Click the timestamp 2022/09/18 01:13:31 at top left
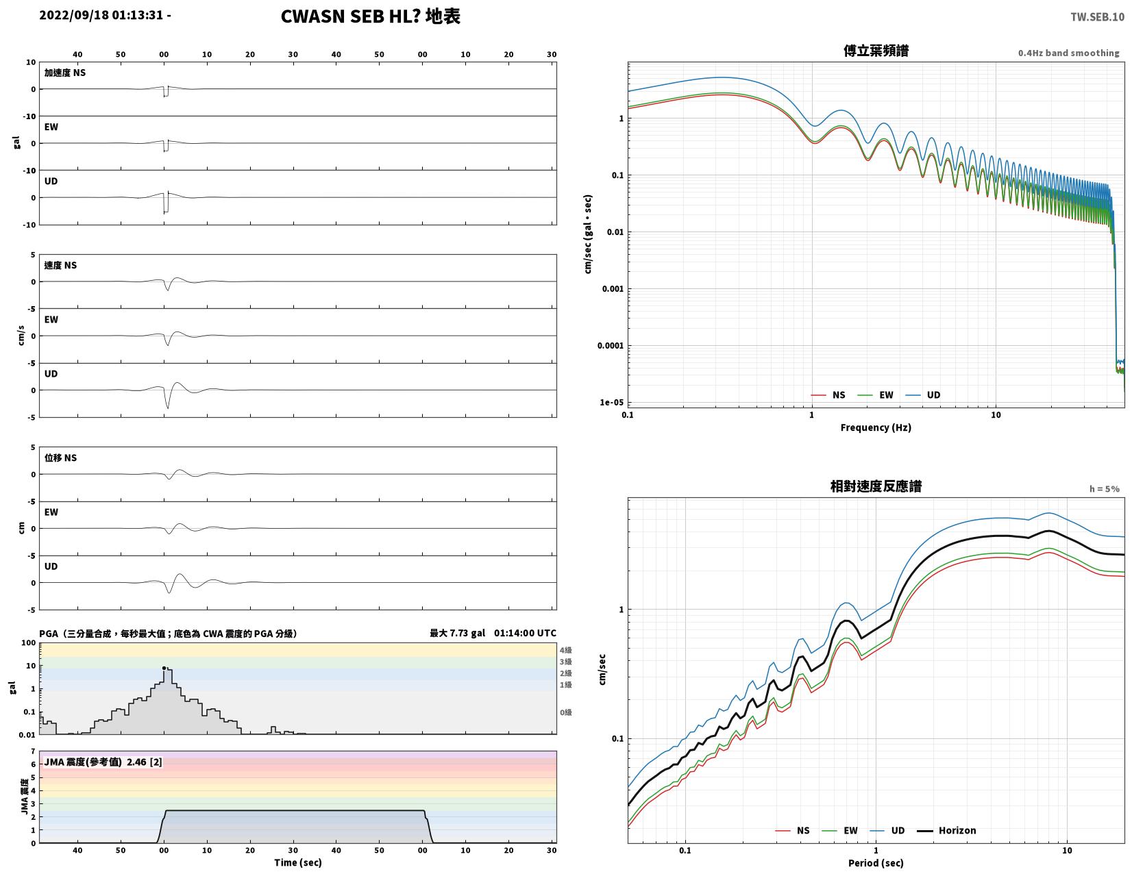pyautogui.click(x=101, y=14)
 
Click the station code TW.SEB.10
pyautogui.click(x=1097, y=16)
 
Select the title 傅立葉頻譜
pyautogui.click(x=876, y=51)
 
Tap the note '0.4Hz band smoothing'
pyautogui.click(x=1068, y=53)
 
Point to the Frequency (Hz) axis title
pyautogui.click(x=876, y=427)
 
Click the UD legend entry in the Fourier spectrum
pyautogui.click(x=922, y=395)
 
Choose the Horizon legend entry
pyautogui.click(x=946, y=830)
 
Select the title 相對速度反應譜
pyautogui.click(x=876, y=486)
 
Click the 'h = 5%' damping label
pyautogui.click(x=1104, y=489)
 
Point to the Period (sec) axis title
pyautogui.click(x=876, y=862)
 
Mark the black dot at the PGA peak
pyautogui.click(x=164, y=668)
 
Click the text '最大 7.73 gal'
pyautogui.click(x=457, y=633)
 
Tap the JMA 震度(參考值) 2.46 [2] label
pyautogui.click(x=103, y=762)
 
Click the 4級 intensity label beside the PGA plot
pyautogui.click(x=566, y=649)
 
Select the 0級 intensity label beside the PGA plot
pyautogui.click(x=566, y=712)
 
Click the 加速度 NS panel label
pyautogui.click(x=64, y=73)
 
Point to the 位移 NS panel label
pyautogui.click(x=60, y=458)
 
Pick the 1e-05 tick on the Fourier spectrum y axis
pyautogui.click(x=611, y=402)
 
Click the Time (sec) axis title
pyautogui.click(x=298, y=862)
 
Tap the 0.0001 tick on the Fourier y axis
pyautogui.click(x=610, y=346)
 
